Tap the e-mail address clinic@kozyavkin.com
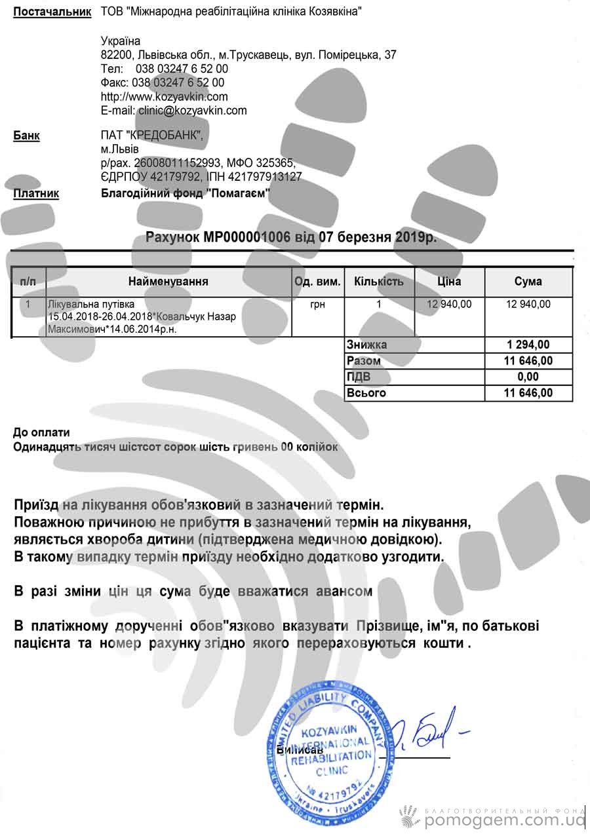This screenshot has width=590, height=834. point(192,111)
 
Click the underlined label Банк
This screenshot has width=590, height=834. point(26,136)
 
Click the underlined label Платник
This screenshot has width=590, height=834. point(36,193)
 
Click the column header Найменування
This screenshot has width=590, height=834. point(168,282)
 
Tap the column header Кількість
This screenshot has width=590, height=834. point(378,282)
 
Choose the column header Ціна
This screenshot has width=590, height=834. point(449,282)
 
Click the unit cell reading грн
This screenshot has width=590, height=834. point(317,304)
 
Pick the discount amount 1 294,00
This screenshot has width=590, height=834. point(528,345)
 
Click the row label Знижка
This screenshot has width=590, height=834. point(366,345)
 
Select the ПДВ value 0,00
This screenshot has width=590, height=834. point(528,377)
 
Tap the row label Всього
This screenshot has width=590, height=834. point(366,393)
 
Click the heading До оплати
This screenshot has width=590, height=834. point(41,432)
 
